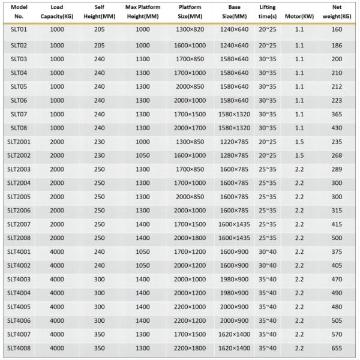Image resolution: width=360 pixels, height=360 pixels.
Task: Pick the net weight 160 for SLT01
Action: pos(337,29)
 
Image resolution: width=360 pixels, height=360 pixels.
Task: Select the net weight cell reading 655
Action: pos(337,347)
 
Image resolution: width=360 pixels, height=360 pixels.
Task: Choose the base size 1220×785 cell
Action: pos(233,142)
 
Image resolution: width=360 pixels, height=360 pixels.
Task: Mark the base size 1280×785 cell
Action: pos(233,155)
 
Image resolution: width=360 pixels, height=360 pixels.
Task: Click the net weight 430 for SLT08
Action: pos(337,127)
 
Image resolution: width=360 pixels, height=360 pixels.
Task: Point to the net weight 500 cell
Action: pos(337,238)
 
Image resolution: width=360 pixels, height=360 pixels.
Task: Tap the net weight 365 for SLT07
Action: pos(337,114)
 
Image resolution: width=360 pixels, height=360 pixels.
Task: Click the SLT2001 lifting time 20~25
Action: pos(268,142)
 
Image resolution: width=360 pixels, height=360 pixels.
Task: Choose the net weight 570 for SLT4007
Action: pos(337,334)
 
